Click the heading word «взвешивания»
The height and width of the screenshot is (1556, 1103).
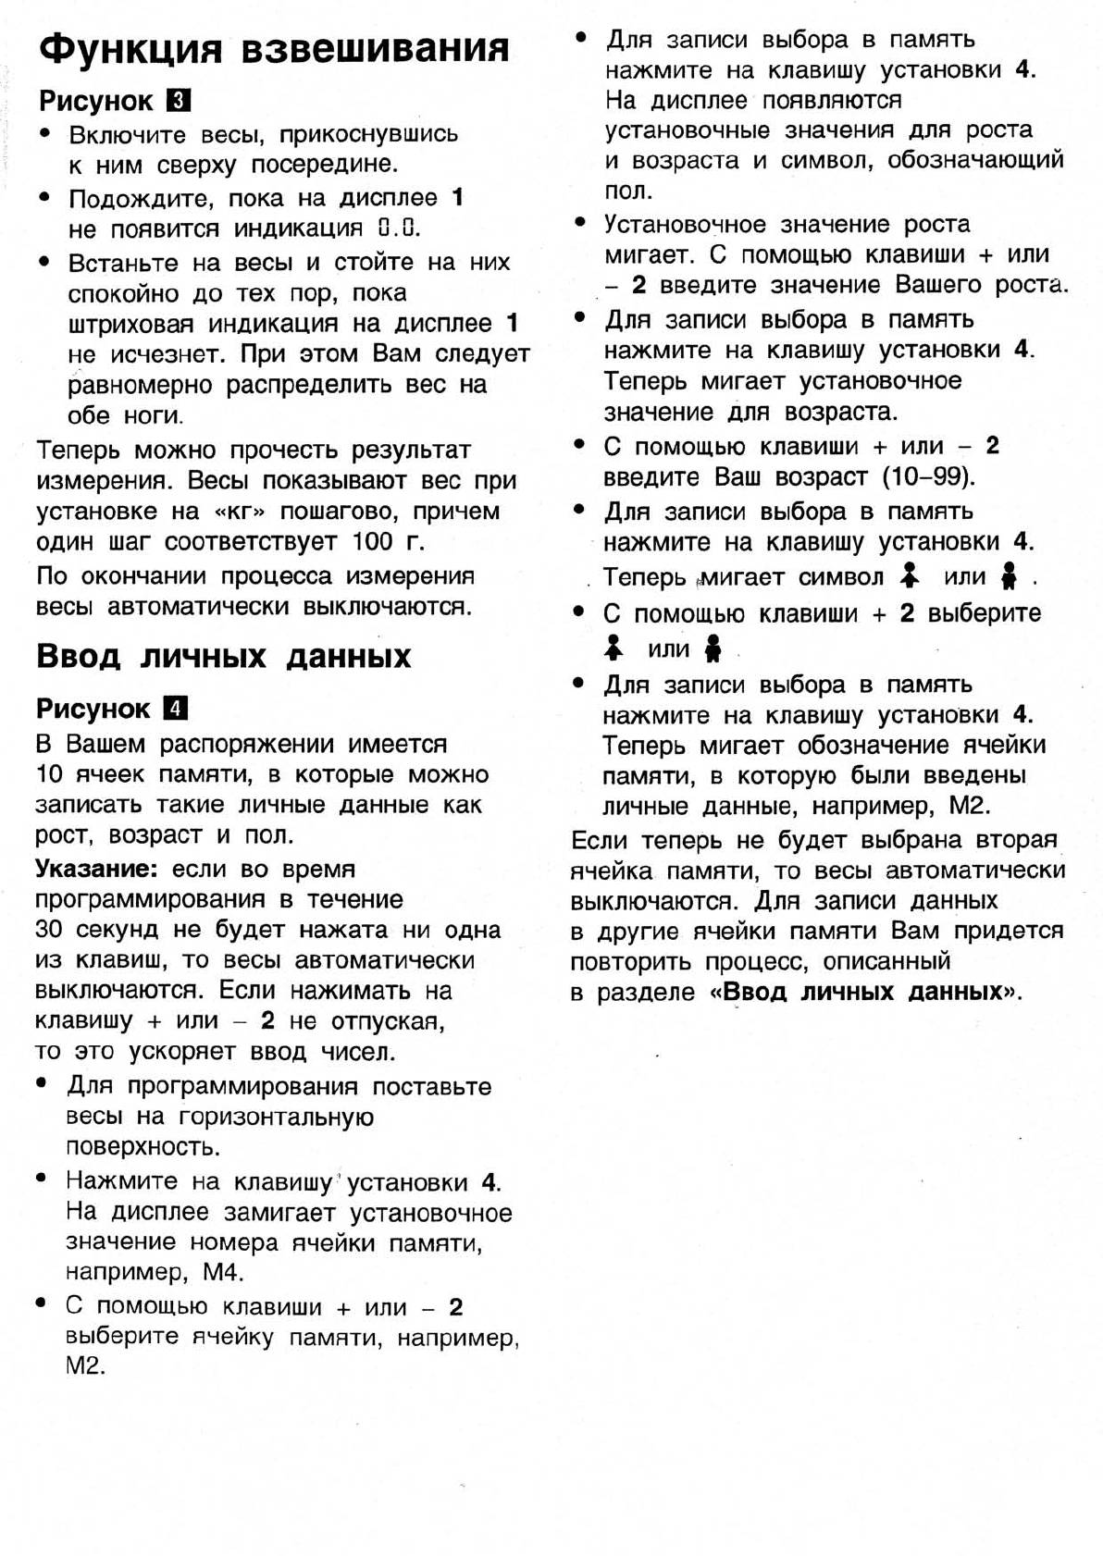tap(375, 48)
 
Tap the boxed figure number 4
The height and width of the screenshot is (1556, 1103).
tap(175, 709)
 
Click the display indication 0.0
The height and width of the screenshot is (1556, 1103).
tap(399, 228)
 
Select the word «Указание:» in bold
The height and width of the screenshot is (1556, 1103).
tap(92, 869)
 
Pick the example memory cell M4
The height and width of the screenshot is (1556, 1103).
tap(223, 1272)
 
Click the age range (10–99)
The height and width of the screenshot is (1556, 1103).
tap(928, 477)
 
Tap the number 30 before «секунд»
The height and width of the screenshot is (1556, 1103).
tap(49, 930)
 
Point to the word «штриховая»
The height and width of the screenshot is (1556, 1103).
tap(131, 324)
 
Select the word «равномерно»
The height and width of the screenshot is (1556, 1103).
tap(140, 385)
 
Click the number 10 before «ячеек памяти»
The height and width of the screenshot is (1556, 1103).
tap(49, 774)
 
